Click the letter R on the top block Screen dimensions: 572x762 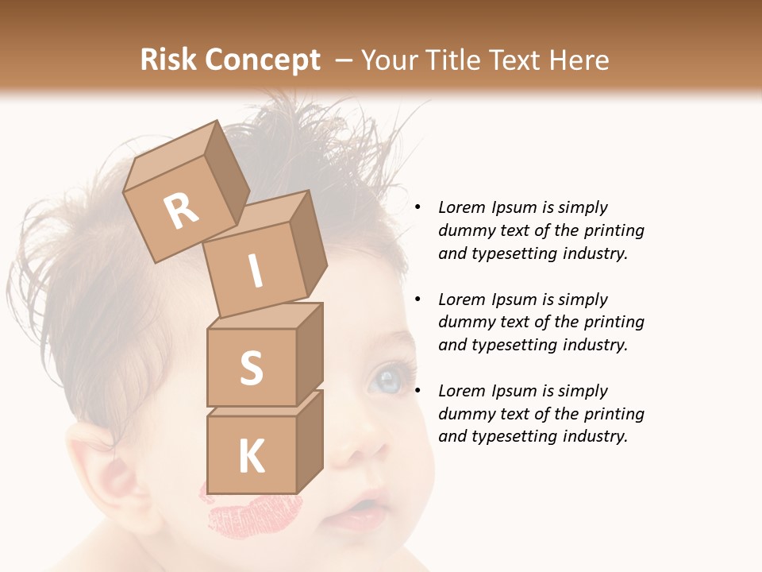[x=182, y=210]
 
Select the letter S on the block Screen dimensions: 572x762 [x=251, y=369]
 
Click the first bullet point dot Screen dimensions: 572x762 [x=418, y=207]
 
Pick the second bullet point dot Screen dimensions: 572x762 [x=418, y=300]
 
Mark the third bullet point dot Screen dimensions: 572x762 [x=418, y=391]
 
